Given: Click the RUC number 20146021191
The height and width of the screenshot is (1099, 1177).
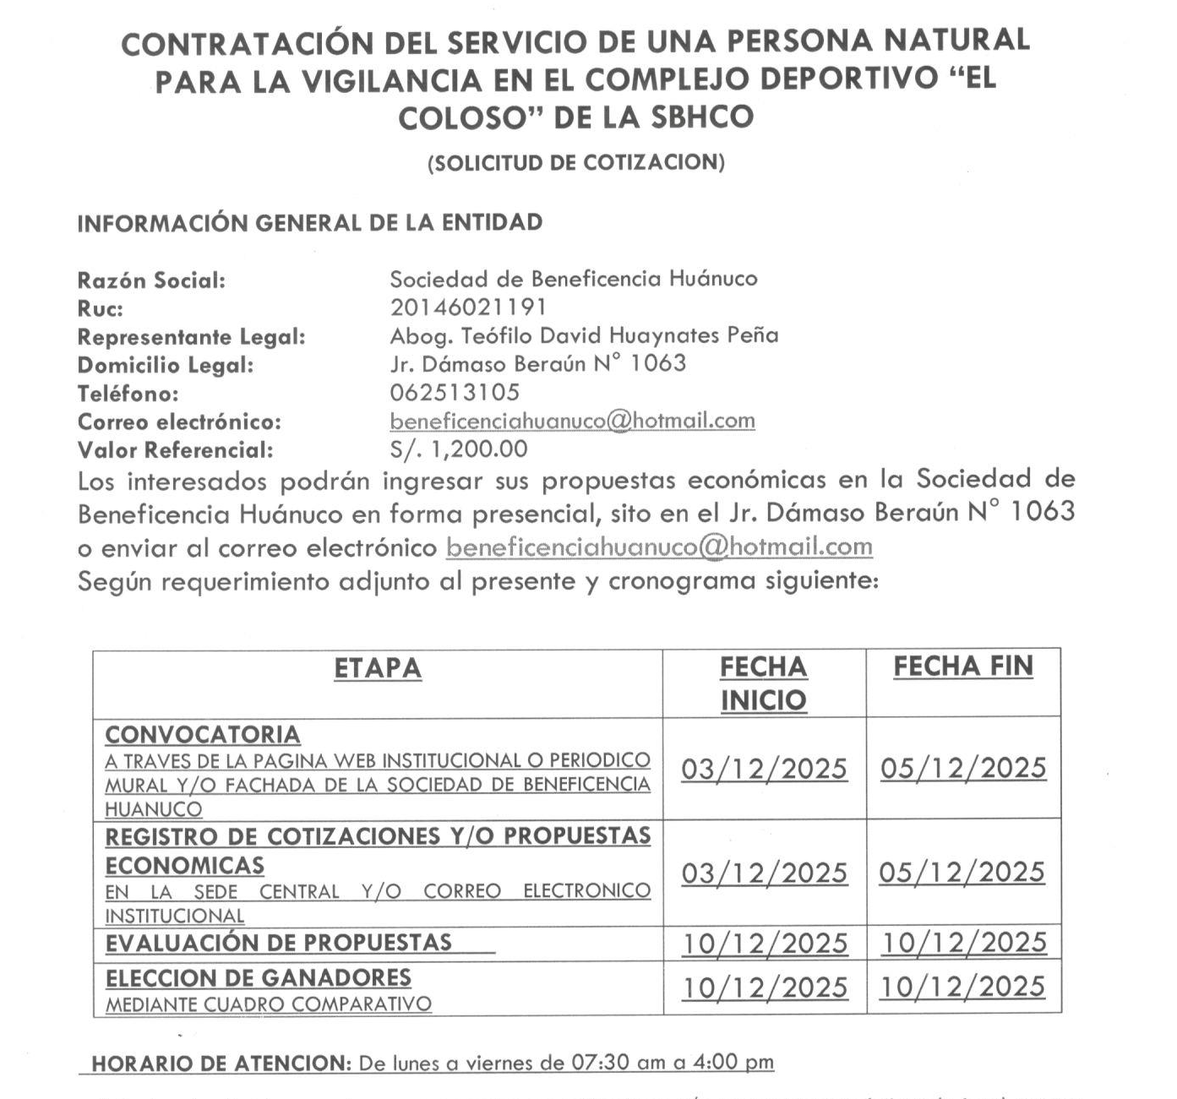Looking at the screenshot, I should click(467, 307).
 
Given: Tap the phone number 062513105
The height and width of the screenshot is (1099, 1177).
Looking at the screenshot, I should click(455, 393).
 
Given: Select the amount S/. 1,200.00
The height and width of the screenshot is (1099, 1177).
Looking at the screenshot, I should click(459, 449).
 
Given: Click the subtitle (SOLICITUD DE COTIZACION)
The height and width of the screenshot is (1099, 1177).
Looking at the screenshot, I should click(575, 163).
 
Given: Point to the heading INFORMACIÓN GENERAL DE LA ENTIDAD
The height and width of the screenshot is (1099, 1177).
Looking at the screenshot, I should click(309, 223).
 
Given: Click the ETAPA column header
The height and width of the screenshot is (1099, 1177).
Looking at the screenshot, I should click(377, 668).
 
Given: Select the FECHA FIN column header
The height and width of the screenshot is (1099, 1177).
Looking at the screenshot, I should click(963, 666).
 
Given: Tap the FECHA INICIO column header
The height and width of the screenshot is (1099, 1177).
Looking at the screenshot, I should click(764, 683).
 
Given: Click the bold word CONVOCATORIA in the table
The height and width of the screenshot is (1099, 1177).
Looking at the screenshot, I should click(203, 735).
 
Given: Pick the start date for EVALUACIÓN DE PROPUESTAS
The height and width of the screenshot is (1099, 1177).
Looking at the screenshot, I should click(765, 944).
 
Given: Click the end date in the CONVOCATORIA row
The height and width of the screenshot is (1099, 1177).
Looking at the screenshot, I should click(963, 768).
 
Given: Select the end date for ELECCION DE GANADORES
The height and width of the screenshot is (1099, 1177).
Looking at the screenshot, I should click(963, 987).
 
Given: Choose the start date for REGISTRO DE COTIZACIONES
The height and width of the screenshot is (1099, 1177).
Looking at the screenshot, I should click(765, 873).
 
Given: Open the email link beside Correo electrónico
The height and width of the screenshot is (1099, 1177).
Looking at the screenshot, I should click(572, 421).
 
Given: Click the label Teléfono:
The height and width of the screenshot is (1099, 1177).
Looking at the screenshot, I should click(128, 394).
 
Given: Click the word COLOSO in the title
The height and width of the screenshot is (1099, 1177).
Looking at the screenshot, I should click(469, 117).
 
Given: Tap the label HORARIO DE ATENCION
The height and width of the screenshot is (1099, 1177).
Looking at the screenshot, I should click(220, 1064).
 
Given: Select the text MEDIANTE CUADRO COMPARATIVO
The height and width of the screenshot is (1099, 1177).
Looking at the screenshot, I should click(268, 1005).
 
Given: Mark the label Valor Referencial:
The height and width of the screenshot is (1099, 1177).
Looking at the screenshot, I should click(176, 450).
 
